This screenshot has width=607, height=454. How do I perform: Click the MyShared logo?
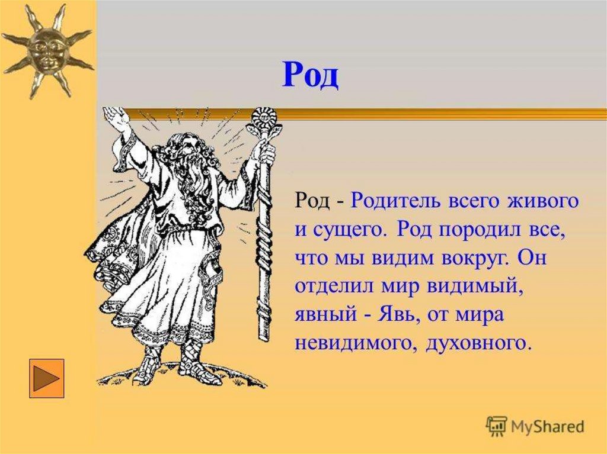[x=535, y=426]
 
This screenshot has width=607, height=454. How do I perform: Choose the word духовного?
[x=474, y=343]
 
